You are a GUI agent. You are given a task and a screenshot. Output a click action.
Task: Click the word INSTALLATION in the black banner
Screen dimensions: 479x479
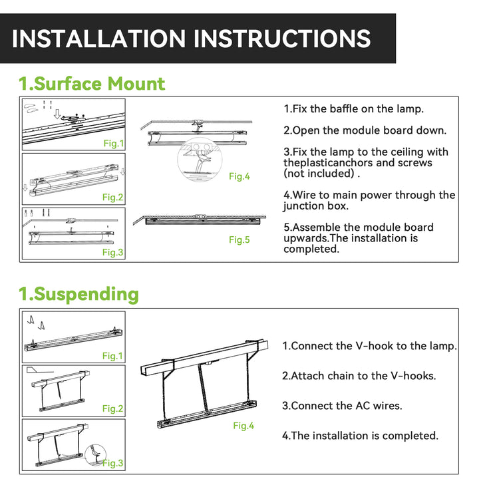98,39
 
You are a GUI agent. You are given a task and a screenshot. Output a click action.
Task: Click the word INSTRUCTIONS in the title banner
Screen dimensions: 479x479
282,39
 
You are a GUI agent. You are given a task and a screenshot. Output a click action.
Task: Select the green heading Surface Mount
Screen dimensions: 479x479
99,84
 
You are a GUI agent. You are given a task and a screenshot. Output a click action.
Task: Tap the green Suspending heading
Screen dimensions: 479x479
86,294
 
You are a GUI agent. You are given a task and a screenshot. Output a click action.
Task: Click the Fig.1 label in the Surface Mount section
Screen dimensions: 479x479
114,143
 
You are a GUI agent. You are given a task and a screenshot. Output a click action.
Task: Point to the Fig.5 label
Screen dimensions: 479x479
239,239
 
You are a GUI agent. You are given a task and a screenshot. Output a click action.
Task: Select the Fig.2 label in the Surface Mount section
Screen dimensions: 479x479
112,197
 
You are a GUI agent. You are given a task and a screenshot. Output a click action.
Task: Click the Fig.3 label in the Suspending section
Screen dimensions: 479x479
112,463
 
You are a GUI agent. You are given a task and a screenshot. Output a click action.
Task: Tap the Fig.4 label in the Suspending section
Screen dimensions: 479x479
243,426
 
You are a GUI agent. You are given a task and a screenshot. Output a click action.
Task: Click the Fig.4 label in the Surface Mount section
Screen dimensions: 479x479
239,176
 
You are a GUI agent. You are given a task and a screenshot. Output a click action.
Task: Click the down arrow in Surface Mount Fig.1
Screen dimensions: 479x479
57,114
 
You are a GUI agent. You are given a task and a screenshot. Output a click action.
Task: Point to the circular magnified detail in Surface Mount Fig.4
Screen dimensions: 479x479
200,160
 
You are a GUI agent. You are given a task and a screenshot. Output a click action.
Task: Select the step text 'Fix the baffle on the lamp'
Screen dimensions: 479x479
358,108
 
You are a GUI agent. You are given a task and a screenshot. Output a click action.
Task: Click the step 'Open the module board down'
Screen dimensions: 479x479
369,130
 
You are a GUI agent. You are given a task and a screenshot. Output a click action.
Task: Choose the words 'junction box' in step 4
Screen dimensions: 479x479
316,206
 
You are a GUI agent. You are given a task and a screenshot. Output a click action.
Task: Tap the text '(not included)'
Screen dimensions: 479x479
319,174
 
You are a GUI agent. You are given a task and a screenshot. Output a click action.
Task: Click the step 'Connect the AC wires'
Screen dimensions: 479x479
347,406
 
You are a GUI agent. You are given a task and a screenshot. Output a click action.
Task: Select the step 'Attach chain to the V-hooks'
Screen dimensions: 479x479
363,376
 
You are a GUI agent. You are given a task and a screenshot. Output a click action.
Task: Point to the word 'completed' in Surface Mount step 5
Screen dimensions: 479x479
311,249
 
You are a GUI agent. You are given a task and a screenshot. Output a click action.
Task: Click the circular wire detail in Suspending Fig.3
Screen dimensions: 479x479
95,455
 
